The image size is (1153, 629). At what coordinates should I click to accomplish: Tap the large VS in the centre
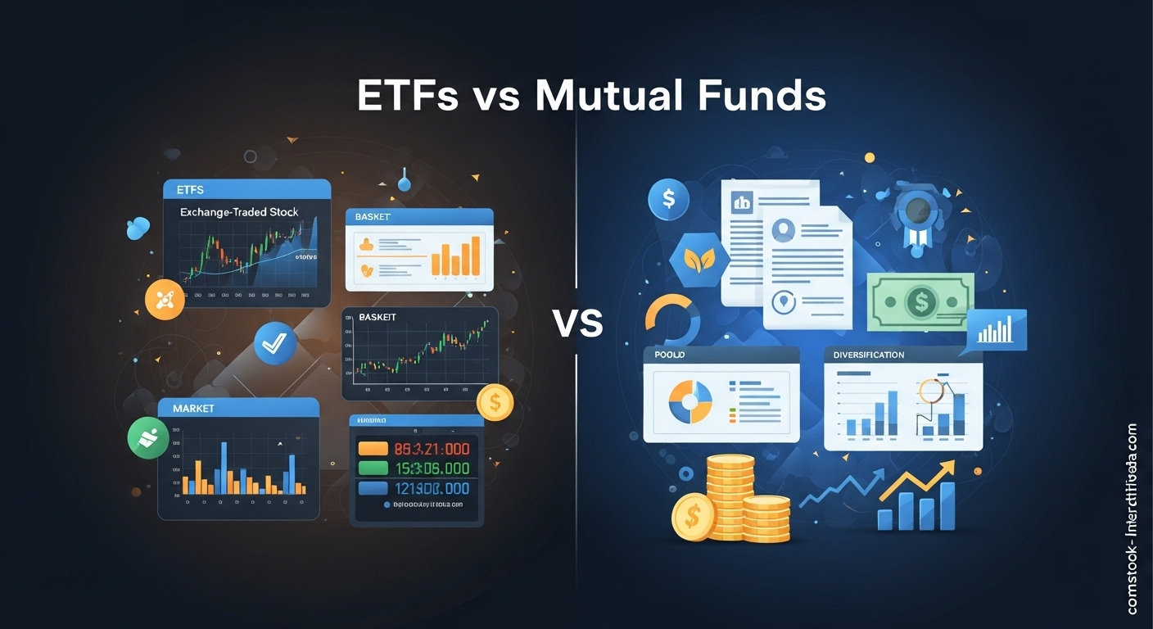tap(578, 324)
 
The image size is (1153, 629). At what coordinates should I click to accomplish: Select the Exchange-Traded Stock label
tap(239, 212)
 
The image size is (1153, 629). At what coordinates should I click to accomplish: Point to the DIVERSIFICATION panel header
tap(869, 355)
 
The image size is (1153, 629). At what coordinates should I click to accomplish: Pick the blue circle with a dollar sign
tap(667, 199)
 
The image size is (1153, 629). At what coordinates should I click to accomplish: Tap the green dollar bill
tap(920, 303)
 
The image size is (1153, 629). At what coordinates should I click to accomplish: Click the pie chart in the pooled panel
tap(690, 400)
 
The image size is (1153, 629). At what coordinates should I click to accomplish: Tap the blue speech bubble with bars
tap(996, 331)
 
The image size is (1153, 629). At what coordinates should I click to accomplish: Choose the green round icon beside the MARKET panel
tap(148, 437)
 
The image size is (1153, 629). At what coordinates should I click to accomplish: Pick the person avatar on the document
tap(784, 230)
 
